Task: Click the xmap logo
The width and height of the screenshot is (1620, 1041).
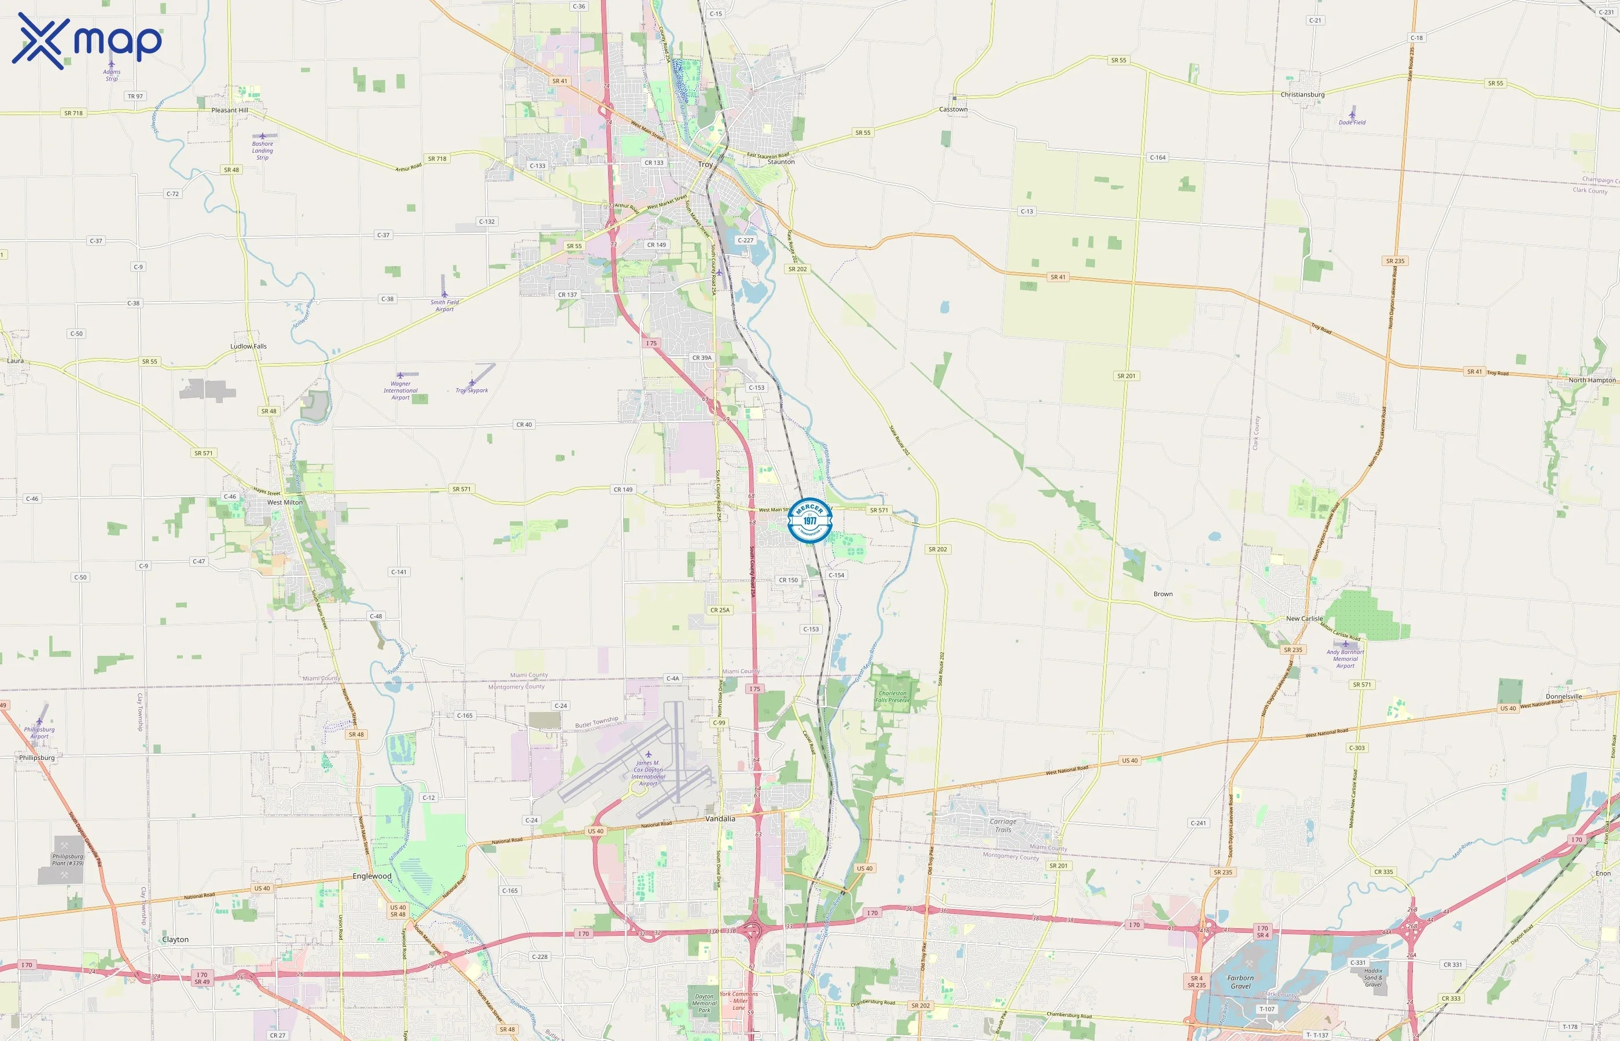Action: pyautogui.click(x=87, y=40)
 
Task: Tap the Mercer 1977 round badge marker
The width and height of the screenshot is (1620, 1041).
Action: pyautogui.click(x=810, y=520)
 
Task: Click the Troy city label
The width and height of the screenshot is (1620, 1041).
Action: pyautogui.click(x=705, y=164)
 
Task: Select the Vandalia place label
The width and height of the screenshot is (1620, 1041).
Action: pyautogui.click(x=720, y=818)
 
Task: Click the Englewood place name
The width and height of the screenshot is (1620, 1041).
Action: pyautogui.click(x=372, y=876)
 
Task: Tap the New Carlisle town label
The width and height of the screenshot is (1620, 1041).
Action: pyautogui.click(x=1304, y=618)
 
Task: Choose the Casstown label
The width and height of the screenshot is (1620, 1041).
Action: pyautogui.click(x=953, y=109)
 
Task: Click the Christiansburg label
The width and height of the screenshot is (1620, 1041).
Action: pyautogui.click(x=1302, y=95)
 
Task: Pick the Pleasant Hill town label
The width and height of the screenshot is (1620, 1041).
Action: pyautogui.click(x=230, y=110)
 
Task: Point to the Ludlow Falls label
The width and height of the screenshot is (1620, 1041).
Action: pyautogui.click(x=248, y=346)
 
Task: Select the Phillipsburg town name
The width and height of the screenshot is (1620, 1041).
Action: pyautogui.click(x=37, y=758)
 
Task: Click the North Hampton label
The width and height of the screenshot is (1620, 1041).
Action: pyautogui.click(x=1592, y=380)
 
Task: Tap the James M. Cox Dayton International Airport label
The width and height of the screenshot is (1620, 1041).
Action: pyautogui.click(x=649, y=773)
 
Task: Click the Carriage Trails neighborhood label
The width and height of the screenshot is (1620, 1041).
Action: pyautogui.click(x=1003, y=825)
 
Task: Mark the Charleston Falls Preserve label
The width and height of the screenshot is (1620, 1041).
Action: pyautogui.click(x=893, y=696)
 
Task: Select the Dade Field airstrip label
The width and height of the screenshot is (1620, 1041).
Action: pyautogui.click(x=1352, y=123)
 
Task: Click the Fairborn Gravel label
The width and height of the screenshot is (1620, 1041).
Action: pyautogui.click(x=1240, y=981)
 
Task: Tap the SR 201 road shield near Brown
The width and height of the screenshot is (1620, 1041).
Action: pyautogui.click(x=1126, y=376)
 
